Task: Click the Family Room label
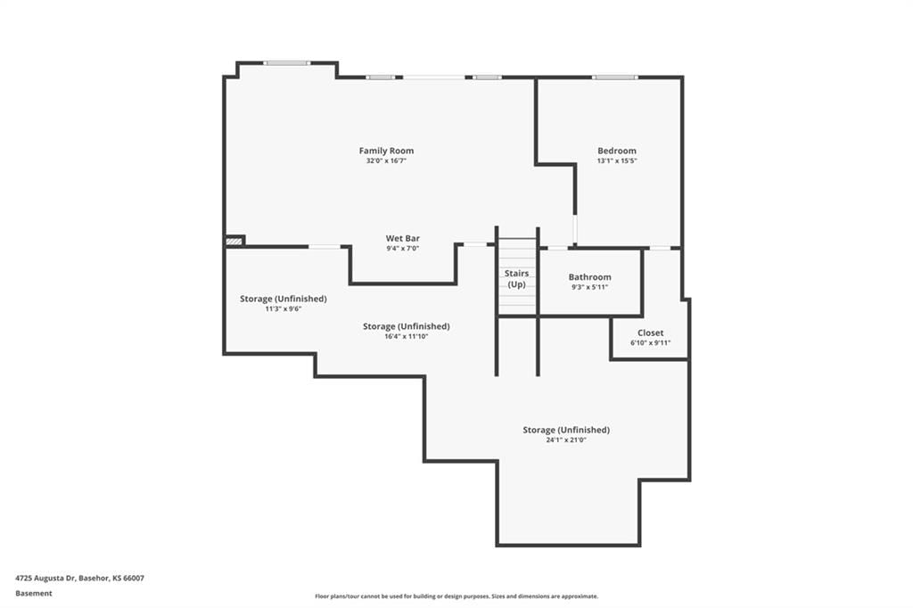[x=386, y=151]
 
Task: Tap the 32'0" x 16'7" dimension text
[x=386, y=160]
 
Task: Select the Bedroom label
[x=617, y=151]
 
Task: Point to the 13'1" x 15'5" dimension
[x=617, y=160]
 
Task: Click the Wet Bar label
[x=402, y=238]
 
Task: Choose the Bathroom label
[x=590, y=277]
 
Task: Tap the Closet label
[x=650, y=333]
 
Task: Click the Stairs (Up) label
[x=516, y=278]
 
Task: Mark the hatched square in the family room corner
[x=234, y=241]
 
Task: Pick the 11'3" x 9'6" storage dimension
[x=283, y=308]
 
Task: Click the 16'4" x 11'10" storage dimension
[x=406, y=337]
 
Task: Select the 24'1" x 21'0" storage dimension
[x=566, y=440]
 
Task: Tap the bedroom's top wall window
[x=615, y=77]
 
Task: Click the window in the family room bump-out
[x=286, y=63]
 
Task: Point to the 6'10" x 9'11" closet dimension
[x=650, y=343]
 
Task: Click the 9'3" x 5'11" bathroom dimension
[x=590, y=287]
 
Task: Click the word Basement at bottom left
[x=34, y=594]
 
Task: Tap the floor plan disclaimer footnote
[x=456, y=596]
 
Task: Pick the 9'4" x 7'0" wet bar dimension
[x=402, y=249]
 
